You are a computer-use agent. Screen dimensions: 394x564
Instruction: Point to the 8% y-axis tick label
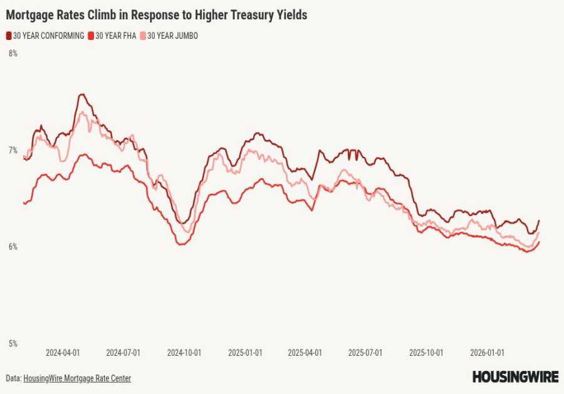click(13, 54)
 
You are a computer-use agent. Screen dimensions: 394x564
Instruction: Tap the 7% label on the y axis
click(13, 150)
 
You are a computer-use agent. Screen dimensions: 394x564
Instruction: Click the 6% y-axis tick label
click(13, 247)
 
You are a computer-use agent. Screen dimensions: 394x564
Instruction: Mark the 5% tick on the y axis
click(13, 343)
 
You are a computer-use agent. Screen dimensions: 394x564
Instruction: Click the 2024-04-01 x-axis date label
click(63, 353)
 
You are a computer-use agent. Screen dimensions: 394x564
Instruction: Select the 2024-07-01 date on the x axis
click(123, 353)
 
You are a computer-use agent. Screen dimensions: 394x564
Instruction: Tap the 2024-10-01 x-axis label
click(184, 353)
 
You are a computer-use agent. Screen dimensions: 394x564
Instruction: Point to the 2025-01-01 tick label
click(244, 353)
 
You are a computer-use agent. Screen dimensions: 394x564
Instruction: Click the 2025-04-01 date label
click(305, 353)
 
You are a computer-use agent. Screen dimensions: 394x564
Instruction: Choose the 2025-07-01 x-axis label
click(365, 353)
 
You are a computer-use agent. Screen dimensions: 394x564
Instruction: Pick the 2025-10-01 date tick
click(426, 353)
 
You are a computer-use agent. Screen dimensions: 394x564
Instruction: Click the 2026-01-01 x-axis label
click(487, 353)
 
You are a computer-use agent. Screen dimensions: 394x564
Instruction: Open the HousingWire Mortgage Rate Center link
click(77, 378)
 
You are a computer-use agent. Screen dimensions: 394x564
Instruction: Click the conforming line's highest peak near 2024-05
click(81, 94)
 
